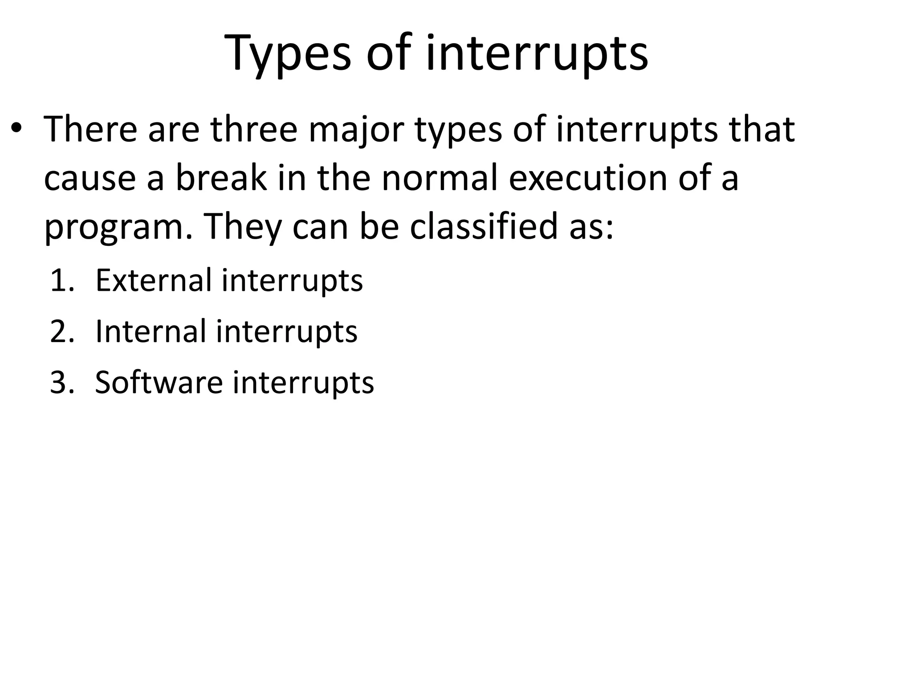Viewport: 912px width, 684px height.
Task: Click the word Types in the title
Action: [x=289, y=53]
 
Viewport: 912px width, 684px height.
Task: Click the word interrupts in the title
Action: [x=537, y=53]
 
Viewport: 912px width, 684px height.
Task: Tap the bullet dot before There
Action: [x=16, y=129]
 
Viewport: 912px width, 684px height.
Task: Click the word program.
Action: [x=118, y=227]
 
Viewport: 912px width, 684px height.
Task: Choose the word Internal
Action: [x=151, y=331]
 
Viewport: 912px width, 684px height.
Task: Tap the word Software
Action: [x=159, y=383]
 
